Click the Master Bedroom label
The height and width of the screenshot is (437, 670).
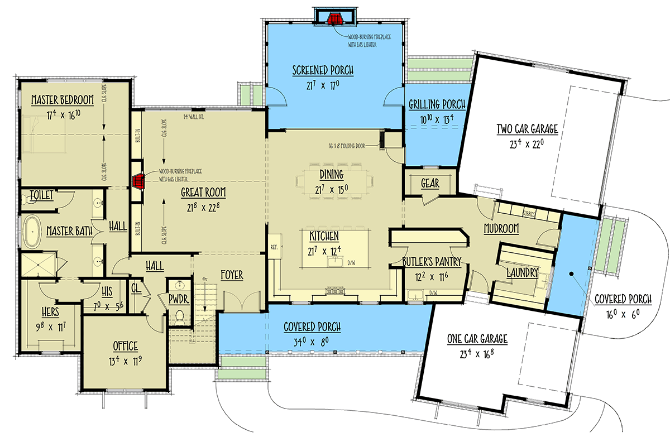[62, 100]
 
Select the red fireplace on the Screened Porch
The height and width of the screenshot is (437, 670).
[335, 19]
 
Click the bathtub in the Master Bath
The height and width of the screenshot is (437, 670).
[33, 230]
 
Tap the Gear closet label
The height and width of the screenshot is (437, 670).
[429, 184]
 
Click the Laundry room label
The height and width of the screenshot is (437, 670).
[522, 273]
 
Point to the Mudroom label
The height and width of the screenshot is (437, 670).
[501, 228]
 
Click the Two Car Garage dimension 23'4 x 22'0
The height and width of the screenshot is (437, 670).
[527, 143]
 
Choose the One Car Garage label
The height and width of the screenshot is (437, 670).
[477, 339]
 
